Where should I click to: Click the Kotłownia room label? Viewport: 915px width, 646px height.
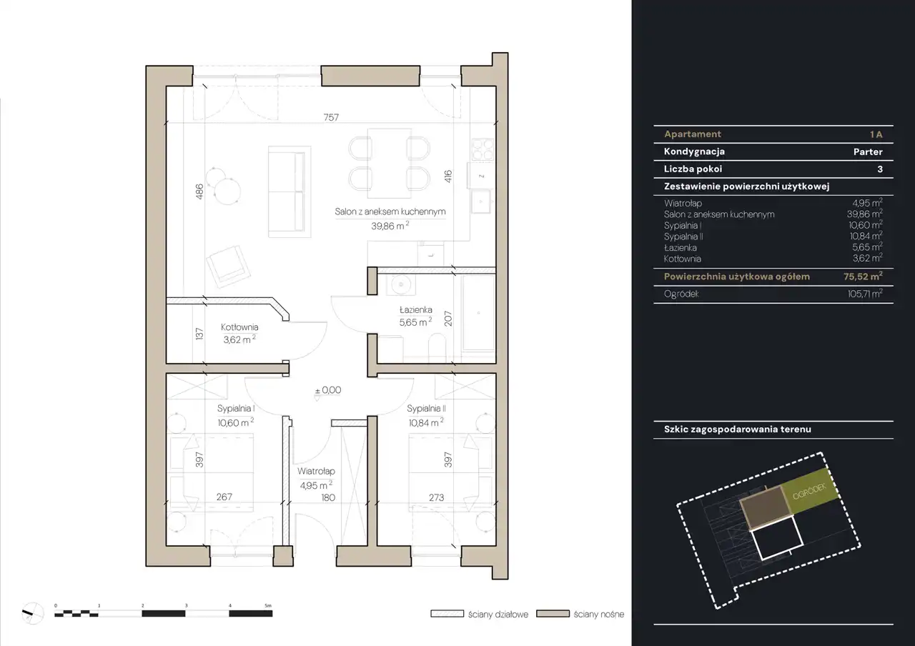coord(239,327)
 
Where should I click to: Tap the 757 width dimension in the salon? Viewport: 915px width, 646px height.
coord(331,118)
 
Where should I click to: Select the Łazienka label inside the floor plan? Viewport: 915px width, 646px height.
coord(415,310)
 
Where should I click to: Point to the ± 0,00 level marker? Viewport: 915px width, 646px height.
coord(328,390)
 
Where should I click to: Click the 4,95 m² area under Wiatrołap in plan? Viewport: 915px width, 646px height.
coord(316,485)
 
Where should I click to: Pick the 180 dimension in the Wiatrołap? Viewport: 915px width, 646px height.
coord(328,497)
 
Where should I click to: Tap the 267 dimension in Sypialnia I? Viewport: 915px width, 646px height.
coord(224,497)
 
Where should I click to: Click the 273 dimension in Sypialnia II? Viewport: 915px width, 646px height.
coord(436,497)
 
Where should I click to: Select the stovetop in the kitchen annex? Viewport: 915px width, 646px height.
coord(483,149)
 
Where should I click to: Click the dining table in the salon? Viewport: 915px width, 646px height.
coord(390,164)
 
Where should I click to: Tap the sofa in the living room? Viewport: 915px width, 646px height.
coord(290,192)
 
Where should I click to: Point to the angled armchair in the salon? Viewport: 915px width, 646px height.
coord(228,267)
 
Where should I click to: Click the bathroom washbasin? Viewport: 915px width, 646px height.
coord(401,284)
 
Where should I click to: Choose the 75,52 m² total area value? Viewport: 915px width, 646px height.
coord(863,277)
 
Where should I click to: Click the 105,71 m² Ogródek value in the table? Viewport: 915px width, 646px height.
coord(865,294)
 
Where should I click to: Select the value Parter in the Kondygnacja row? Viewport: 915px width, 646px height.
coord(868,152)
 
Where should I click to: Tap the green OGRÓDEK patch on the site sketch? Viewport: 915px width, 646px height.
coord(809,491)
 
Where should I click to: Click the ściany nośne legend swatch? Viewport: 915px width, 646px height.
coord(553,614)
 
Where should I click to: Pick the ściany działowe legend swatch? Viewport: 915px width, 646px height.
coord(447,614)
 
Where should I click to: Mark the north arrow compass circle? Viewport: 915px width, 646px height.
coord(32,613)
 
